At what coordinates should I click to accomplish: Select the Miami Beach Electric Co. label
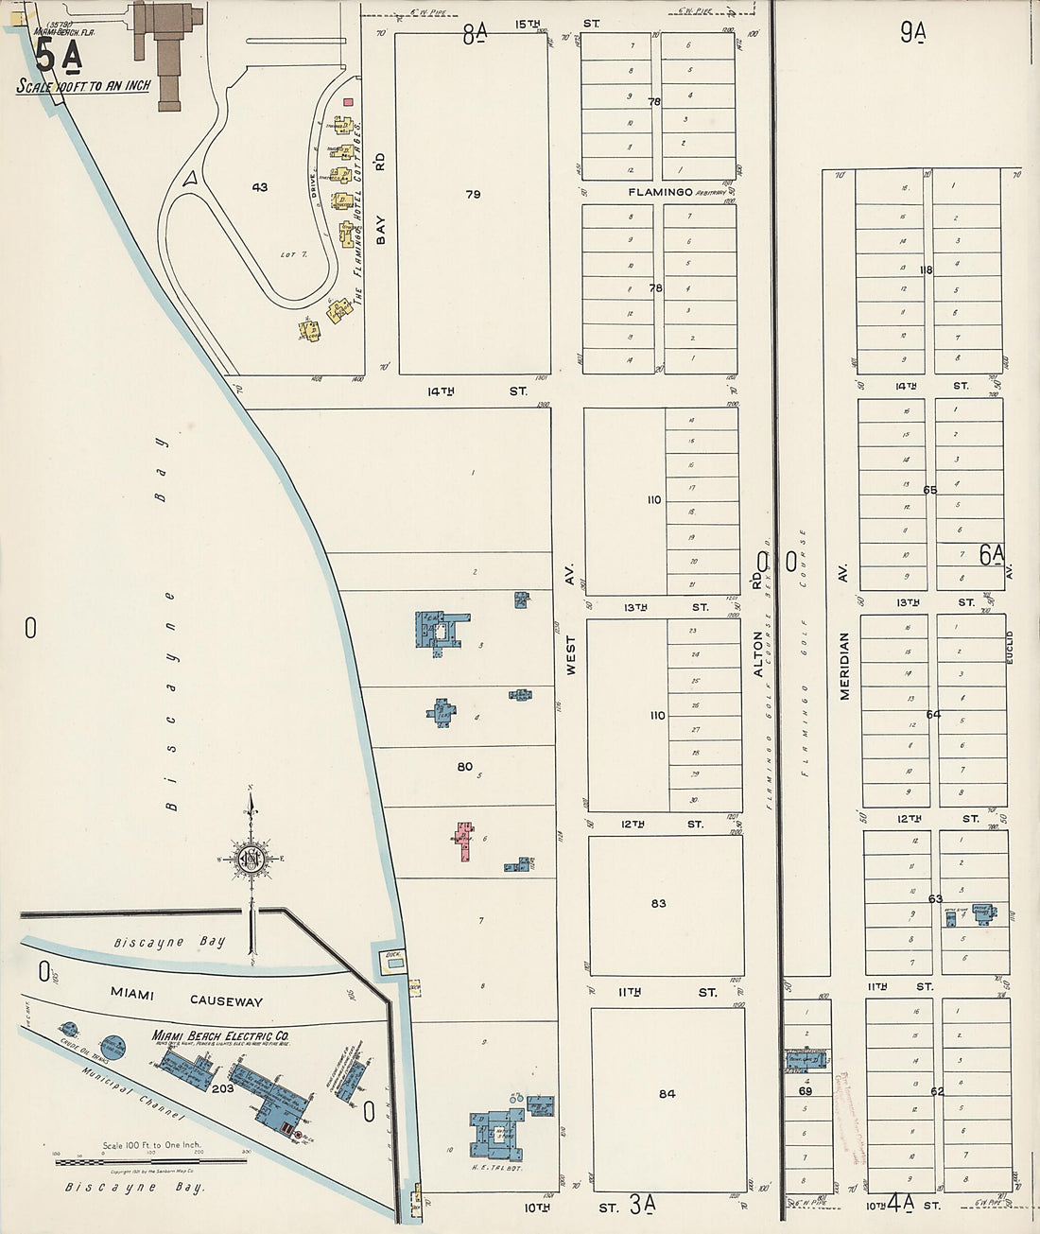point(221,1036)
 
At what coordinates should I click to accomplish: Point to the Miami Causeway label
point(186,997)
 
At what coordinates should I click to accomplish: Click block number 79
point(473,194)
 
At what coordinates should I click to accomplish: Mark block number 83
point(658,903)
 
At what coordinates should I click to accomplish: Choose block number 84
point(667,1093)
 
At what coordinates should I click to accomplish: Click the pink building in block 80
point(464,841)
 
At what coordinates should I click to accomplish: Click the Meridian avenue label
point(844,667)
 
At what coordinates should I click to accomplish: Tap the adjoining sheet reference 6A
point(992,555)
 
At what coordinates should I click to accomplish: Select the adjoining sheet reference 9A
point(913,34)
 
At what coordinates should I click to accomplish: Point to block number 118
point(924,269)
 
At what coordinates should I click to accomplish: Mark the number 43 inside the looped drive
point(259,187)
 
